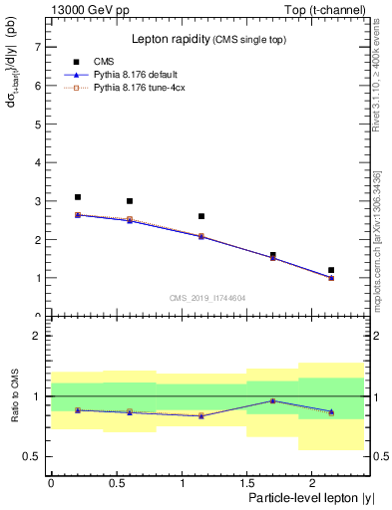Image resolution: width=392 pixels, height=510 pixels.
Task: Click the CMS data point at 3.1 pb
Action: click(78, 197)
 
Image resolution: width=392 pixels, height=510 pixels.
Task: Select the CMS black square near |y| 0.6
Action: click(130, 201)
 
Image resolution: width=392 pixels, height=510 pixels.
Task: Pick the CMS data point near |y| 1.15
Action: click(201, 216)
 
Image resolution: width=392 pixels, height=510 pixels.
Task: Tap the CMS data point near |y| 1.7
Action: click(273, 255)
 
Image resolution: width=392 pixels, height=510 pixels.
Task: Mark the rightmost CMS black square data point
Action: click(331, 270)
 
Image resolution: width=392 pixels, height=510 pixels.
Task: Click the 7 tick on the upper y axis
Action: click(37, 47)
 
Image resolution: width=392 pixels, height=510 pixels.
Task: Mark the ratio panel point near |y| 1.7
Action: click(273, 400)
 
